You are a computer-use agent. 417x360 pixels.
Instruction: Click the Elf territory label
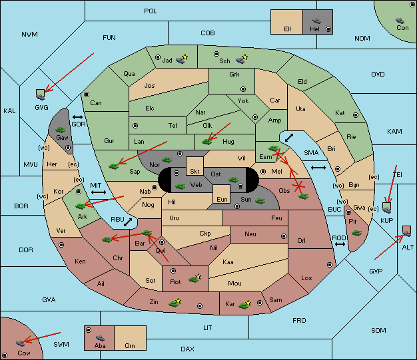(288, 29)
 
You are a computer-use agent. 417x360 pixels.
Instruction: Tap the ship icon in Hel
(316, 21)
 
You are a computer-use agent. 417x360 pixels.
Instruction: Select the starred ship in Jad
(182, 59)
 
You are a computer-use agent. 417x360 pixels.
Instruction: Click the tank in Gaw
(61, 130)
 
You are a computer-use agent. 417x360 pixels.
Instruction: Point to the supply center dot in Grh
(243, 89)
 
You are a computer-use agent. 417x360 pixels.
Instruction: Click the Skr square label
(195, 172)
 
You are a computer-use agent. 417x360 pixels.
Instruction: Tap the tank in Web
(180, 186)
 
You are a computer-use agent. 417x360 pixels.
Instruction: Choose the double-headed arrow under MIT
(99, 192)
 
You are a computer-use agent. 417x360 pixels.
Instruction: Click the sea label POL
(151, 11)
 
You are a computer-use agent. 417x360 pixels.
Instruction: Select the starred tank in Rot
(195, 278)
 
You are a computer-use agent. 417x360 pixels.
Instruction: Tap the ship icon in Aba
(100, 338)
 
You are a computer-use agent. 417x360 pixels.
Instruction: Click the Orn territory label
(130, 345)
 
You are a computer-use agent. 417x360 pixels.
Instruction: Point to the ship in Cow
(20, 343)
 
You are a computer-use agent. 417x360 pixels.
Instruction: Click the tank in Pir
(356, 233)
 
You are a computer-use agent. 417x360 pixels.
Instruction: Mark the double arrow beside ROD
(340, 244)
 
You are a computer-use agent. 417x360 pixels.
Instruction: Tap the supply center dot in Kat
(356, 115)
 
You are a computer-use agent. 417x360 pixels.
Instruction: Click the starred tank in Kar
(244, 305)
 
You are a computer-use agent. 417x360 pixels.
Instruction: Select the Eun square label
(222, 199)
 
